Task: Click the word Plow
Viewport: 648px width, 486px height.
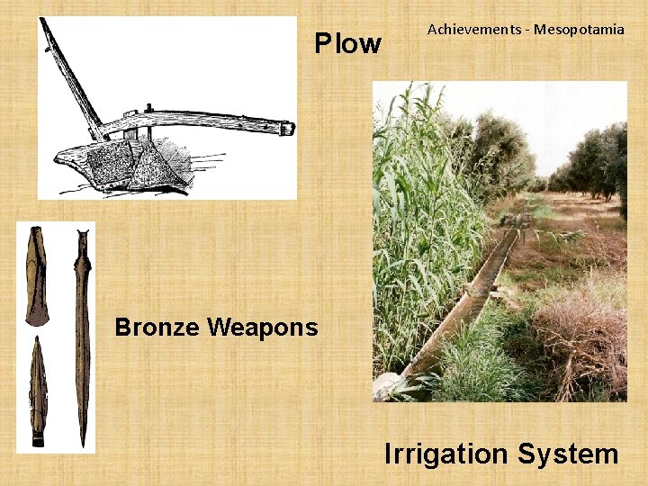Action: pos(347,43)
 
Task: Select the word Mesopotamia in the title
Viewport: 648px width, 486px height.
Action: pos(579,30)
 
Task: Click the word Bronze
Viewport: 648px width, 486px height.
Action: pos(158,327)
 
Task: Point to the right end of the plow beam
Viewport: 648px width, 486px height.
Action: pos(286,127)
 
